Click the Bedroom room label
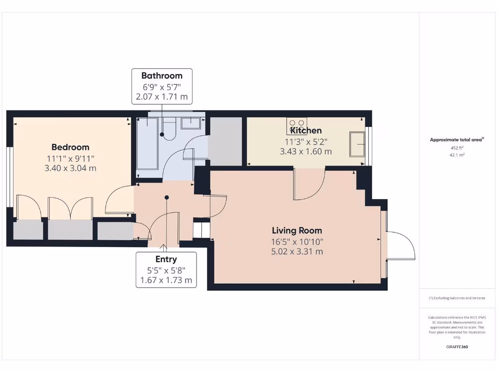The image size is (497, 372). [x=70, y=147]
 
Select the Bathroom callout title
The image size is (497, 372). [x=162, y=76]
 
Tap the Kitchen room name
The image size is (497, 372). [x=306, y=130]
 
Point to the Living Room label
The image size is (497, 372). [x=297, y=231]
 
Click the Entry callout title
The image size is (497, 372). [x=166, y=259]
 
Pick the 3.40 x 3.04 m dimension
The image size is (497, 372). [x=70, y=168]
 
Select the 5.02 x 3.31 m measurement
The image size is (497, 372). [x=297, y=251]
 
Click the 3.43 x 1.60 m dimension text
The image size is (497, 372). [x=306, y=151]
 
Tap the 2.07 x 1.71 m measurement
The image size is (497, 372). [x=162, y=96]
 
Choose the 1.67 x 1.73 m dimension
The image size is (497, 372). [x=166, y=280]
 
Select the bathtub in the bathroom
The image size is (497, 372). [x=147, y=143]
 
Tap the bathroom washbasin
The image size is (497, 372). [x=191, y=123]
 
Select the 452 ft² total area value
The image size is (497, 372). [x=456, y=148]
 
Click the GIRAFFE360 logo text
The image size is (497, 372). [x=457, y=347]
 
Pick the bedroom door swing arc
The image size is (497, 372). [x=117, y=199]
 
